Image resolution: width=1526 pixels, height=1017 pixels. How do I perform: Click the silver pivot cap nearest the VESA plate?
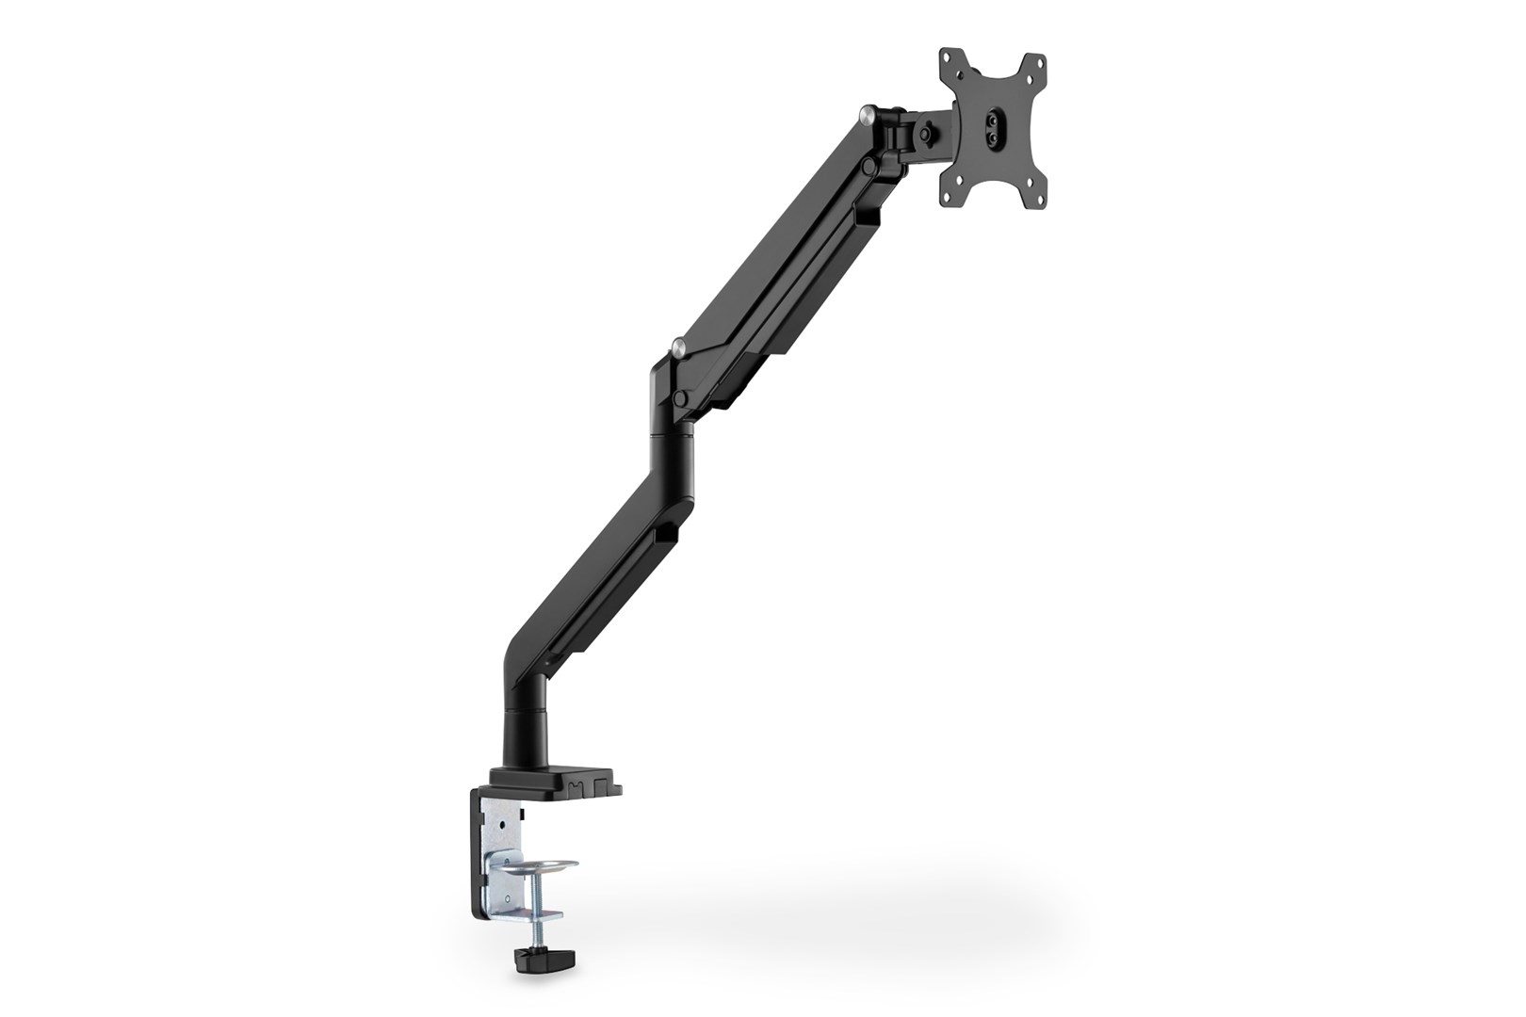tap(868, 116)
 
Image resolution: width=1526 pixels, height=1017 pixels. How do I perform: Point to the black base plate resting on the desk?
tap(556, 784)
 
